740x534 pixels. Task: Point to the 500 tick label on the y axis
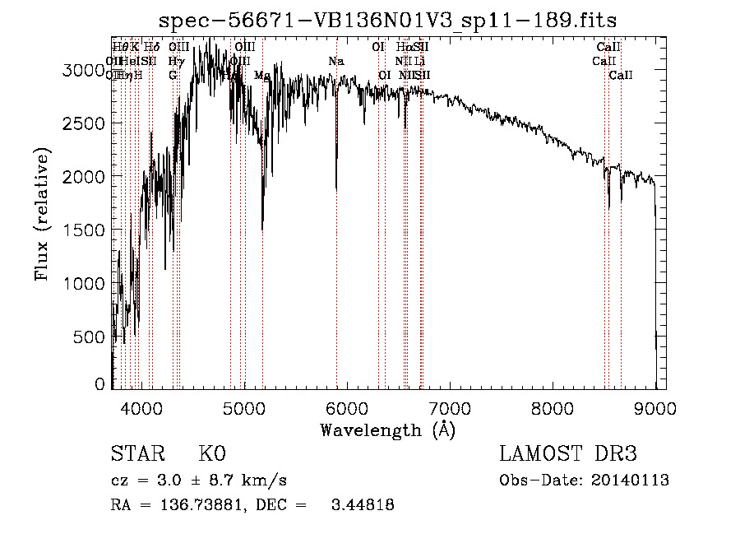(92, 337)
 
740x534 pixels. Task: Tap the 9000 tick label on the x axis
(654, 406)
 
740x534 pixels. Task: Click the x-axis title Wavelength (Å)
(387, 430)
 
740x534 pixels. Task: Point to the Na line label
(335, 62)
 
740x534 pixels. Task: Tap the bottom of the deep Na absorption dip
(336, 188)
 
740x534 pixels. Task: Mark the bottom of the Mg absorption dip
(262, 229)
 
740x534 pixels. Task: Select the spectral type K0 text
(212, 454)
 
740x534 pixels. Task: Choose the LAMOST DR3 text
(567, 454)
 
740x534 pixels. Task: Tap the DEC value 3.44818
(362, 505)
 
